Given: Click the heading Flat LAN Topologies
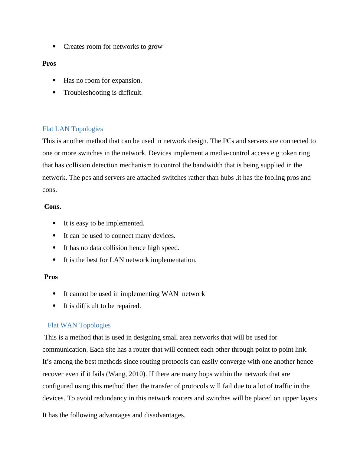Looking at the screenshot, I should coord(73,129).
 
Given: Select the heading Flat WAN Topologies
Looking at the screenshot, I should coord(79,325).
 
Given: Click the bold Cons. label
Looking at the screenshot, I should coord(53,207).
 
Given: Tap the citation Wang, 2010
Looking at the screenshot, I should coord(126,374).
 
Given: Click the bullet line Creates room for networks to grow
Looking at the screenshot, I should coord(113,47).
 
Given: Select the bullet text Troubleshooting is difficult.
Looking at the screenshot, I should coord(103,93).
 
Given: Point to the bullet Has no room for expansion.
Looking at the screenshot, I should coord(103,80).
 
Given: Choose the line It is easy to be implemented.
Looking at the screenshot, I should coord(104,223).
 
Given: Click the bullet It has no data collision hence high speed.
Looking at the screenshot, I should coord(121,248).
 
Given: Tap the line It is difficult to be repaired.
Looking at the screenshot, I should coord(102,306).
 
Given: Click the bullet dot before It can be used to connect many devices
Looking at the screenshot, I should coord(54,235).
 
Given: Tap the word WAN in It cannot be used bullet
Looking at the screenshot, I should coord(170,294).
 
